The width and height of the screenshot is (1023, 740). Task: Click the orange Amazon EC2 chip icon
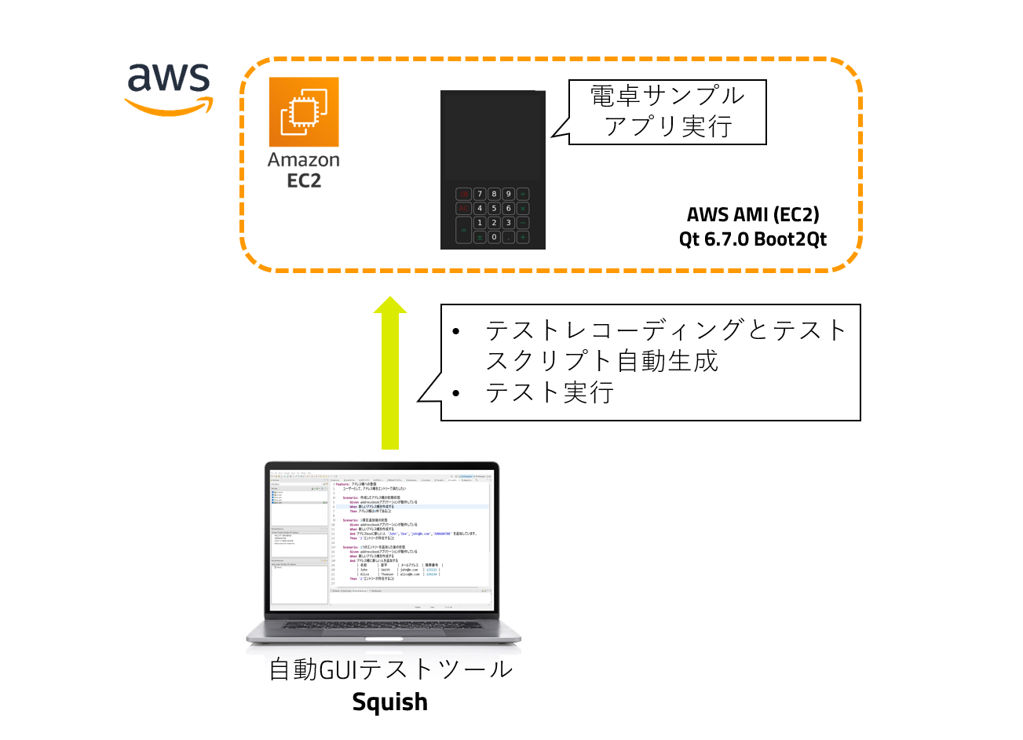pos(304,111)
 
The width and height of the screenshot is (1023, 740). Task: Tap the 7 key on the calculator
pos(480,194)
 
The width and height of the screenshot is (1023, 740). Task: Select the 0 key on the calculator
pos(494,237)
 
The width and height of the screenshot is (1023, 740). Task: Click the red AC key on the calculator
pos(464,208)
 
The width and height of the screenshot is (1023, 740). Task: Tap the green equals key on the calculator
pos(464,230)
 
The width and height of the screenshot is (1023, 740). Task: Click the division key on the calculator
pos(523,194)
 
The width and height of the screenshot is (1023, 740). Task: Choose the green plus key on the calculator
pos(523,237)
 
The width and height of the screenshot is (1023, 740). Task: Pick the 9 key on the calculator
pos(508,194)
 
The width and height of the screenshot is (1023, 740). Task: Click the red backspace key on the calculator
pos(464,194)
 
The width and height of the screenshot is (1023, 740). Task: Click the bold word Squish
pos(389,702)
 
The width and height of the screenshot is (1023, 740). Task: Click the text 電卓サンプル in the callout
pos(667,97)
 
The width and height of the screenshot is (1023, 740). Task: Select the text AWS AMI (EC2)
pos(753,214)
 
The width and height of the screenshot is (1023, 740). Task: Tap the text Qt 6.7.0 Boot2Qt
pos(753,239)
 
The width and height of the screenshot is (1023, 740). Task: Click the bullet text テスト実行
pos(549,392)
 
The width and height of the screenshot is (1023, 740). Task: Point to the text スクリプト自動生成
pos(601,360)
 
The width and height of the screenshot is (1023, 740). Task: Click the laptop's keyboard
pos(384,625)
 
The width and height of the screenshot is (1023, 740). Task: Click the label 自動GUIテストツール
pos(390,669)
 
